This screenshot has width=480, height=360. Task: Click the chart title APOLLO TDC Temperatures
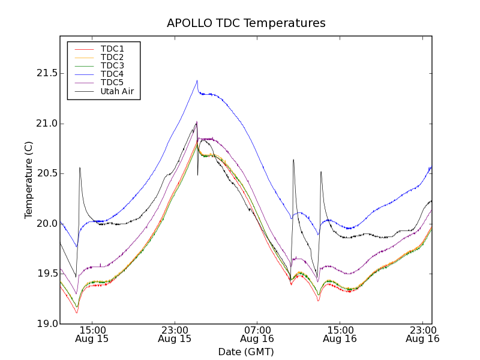coord(246,23)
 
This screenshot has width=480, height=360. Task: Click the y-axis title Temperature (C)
coord(29,179)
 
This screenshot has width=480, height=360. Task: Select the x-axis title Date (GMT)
coord(246,352)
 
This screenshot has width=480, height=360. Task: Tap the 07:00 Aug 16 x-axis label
coord(257,334)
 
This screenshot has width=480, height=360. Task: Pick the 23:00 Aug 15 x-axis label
coord(175,334)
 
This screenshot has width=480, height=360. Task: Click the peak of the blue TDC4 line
coord(197,80)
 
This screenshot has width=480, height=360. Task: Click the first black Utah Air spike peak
coord(80,167)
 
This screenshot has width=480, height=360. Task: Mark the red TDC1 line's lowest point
coord(76,313)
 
